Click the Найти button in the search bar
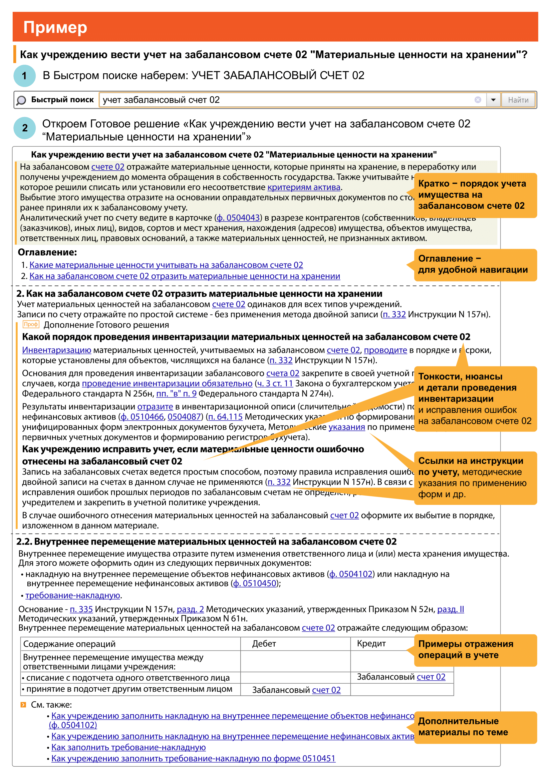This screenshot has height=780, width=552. [x=518, y=100]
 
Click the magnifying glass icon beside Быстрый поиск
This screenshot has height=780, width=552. [x=21, y=100]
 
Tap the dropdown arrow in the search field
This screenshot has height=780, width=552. [x=493, y=100]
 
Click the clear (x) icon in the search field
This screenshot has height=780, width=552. [x=478, y=99]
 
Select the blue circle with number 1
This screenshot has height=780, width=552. [x=24, y=76]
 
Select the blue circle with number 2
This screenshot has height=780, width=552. [x=24, y=128]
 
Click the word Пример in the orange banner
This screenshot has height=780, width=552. [x=55, y=27]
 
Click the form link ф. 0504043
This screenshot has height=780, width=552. [x=238, y=218]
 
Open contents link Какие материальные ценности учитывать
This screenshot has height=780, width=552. [x=166, y=265]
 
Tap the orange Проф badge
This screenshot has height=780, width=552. [x=31, y=324]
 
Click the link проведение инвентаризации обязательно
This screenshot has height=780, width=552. [x=167, y=383]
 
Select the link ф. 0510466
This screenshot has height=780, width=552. [x=143, y=417]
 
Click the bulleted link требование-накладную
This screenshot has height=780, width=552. [x=73, y=596]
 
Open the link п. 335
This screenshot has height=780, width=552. [x=81, y=609]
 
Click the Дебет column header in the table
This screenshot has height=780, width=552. [x=264, y=643]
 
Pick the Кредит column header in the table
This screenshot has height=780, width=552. [x=371, y=643]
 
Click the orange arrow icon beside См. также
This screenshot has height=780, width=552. [x=23, y=705]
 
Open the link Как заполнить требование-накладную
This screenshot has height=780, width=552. [x=128, y=747]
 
